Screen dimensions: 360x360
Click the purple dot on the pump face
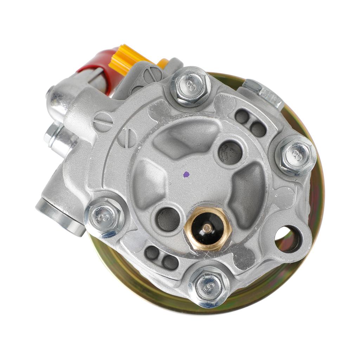pos(186,174)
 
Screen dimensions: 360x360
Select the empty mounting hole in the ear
pos(288,239)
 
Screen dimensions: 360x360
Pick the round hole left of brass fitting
pos(168,219)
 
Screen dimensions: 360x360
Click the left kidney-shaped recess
pos(148,183)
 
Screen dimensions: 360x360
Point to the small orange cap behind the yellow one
pos(163,63)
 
